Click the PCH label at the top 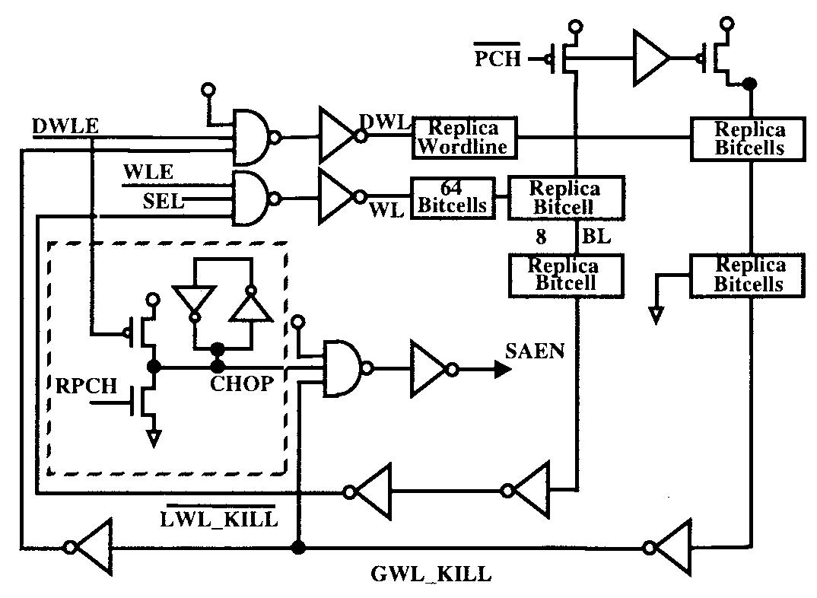[x=498, y=58]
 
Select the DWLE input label [x=65, y=126]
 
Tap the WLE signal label [x=149, y=173]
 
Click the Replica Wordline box [x=464, y=137]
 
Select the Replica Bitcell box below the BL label [x=564, y=275]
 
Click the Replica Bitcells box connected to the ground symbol [x=749, y=275]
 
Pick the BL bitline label [x=596, y=237]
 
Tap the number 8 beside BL [x=541, y=237]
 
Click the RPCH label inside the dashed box [x=87, y=386]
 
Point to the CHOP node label [x=241, y=384]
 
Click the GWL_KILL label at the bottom [x=431, y=574]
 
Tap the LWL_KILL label [x=218, y=520]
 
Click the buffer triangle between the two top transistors [x=651, y=58]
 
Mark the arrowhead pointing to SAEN [x=501, y=370]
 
